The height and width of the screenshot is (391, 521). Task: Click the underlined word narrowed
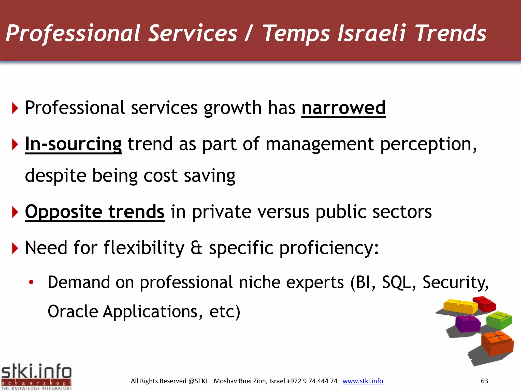343,108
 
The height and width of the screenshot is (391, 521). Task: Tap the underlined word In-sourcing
73,144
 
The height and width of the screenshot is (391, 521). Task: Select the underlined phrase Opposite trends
95,212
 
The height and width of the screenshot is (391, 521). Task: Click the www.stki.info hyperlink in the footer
363,381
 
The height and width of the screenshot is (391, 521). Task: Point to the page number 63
484,381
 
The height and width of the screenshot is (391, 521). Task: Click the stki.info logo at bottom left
36,376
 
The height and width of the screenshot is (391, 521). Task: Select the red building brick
485,304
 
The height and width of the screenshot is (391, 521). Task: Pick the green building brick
499,320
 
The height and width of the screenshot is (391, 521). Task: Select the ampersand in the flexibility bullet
196,248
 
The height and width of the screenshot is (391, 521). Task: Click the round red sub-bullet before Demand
31,282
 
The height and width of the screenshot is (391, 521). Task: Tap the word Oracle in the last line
73,311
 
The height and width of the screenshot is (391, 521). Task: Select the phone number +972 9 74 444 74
312,381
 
